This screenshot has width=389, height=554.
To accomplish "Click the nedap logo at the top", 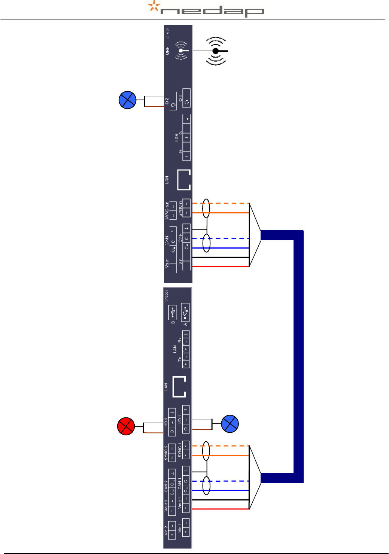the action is (206, 9).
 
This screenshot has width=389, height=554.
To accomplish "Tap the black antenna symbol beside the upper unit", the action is (216, 51).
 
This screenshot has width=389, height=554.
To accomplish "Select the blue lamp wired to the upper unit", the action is (127, 100).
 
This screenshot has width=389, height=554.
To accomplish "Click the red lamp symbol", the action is (126, 426).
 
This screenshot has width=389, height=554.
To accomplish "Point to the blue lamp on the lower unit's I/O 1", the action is (230, 424).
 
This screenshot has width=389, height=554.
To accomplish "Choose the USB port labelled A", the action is (185, 312).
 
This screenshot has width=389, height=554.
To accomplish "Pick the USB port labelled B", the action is (173, 311).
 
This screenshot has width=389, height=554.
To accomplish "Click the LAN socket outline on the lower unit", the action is (179, 387).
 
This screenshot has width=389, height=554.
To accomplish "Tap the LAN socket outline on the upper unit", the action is (184, 180).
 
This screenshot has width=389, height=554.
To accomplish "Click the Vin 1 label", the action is (180, 528).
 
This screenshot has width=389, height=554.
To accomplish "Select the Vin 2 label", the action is (166, 530).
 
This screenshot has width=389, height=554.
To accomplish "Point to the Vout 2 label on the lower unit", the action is (166, 505).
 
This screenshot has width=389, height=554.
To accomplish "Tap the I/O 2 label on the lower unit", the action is (166, 422).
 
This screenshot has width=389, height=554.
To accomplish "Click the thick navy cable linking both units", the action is (298, 356).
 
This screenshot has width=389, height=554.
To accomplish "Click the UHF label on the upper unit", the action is (167, 51).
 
